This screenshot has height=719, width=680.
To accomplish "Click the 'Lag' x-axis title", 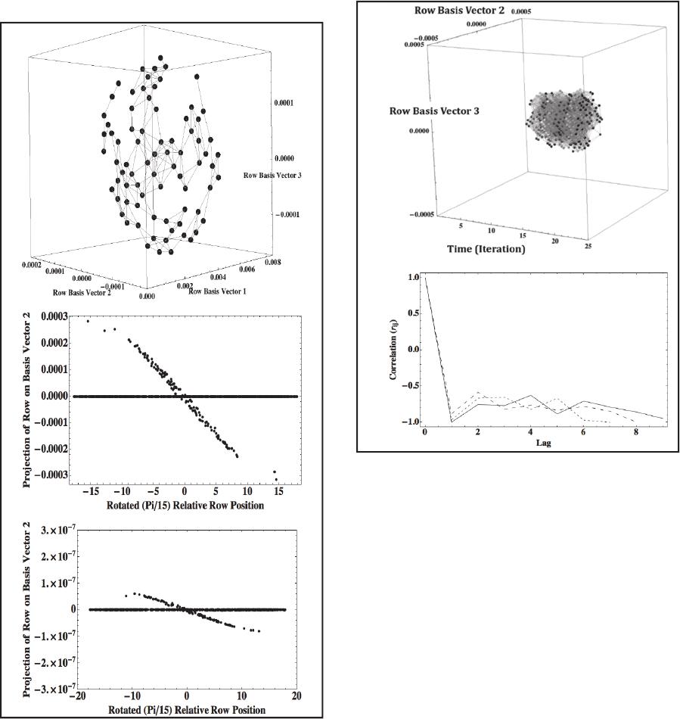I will pos(542,443).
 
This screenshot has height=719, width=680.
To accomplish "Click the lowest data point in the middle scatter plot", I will pos(277,479).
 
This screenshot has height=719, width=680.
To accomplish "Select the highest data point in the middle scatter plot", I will pos(88,321).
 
